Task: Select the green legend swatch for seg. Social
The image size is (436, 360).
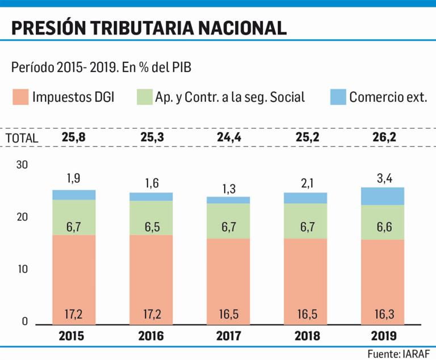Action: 144,97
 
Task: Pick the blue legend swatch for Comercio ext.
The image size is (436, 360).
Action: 338,97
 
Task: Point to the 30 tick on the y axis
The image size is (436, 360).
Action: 22,165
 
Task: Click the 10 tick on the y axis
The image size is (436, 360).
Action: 22,269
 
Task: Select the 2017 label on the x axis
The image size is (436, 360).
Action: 228,336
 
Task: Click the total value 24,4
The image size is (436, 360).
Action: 228,137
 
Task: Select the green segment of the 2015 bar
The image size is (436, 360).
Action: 74,217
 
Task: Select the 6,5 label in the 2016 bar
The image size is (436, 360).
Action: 151,227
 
